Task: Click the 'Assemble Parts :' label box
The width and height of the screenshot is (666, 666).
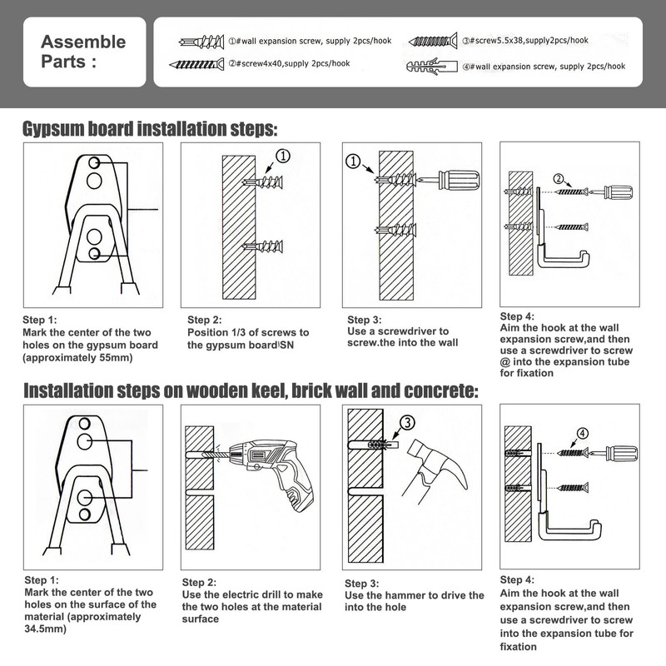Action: [x=86, y=52]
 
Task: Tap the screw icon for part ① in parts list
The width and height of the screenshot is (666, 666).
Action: [x=200, y=42]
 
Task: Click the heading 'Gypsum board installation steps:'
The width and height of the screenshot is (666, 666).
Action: [x=150, y=130]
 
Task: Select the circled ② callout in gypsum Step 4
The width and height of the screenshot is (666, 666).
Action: [x=559, y=177]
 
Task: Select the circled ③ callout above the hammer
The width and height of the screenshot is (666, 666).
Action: [x=406, y=424]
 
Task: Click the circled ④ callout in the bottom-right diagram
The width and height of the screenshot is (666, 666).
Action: [x=582, y=433]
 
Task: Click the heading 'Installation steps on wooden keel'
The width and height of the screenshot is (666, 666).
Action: [x=250, y=390]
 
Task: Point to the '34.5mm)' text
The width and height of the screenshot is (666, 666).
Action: [x=46, y=629]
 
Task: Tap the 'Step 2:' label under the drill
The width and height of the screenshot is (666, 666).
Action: [x=200, y=582]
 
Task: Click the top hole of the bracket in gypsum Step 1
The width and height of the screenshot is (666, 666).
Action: [x=96, y=162]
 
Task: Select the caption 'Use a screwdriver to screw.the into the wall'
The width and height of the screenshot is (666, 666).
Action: [x=398, y=336]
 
